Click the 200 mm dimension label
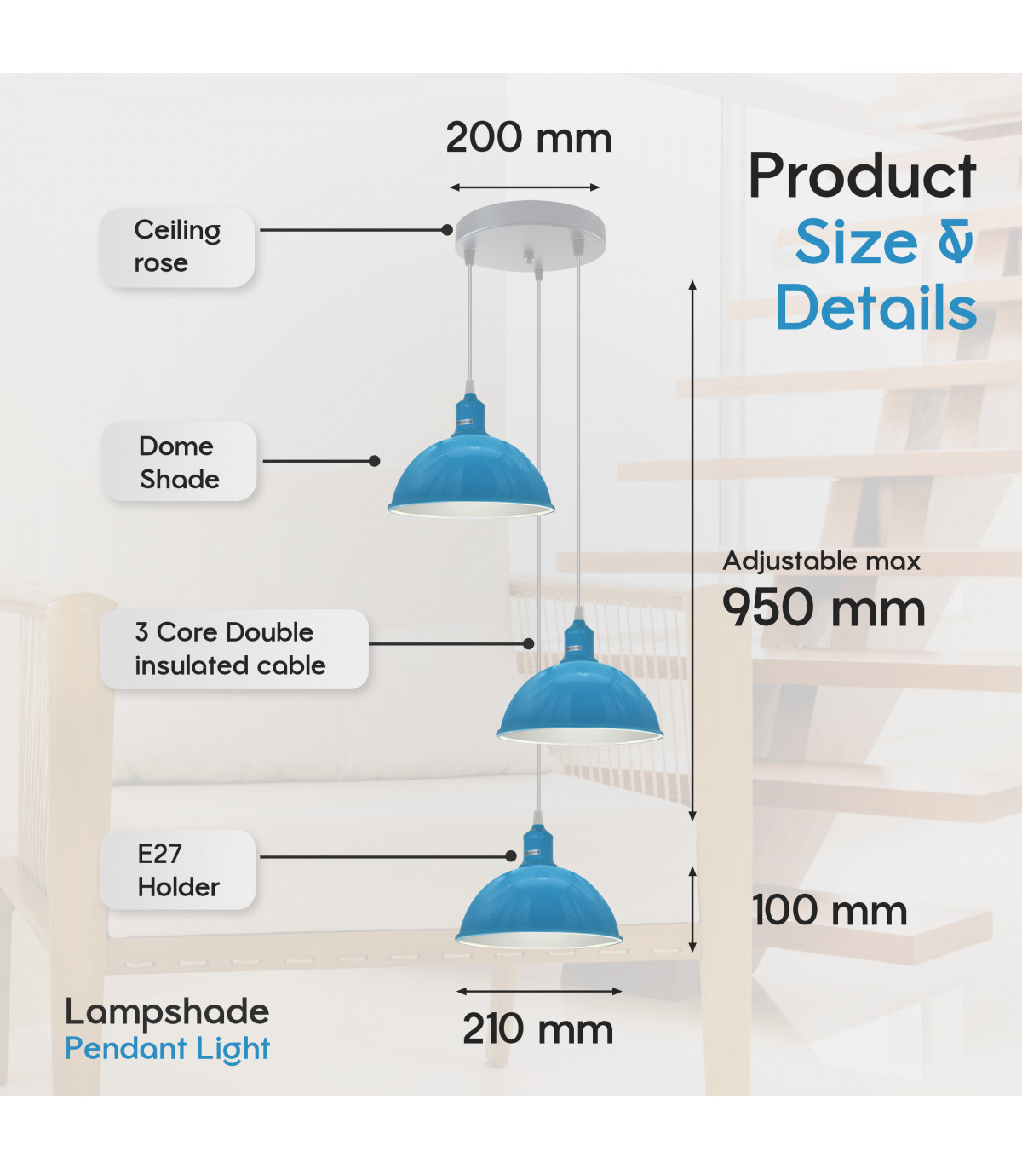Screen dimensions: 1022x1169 coord(529,138)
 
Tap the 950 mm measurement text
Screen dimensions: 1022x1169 coord(824,608)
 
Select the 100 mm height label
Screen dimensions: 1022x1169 coord(830,910)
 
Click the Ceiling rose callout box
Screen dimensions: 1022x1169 coord(177,247)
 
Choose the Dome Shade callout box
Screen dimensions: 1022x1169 coord(179,462)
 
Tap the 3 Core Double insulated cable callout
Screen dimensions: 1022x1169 coord(234,649)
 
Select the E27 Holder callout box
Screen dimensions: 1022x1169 coord(177,870)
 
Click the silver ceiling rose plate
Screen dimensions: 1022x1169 coord(530,235)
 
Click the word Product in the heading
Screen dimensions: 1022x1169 coord(862,176)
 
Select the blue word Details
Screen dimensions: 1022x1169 coord(876,307)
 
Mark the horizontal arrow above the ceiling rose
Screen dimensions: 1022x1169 coord(525,187)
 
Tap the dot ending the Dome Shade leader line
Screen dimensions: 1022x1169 coord(375,461)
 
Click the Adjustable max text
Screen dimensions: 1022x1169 coord(821,561)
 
